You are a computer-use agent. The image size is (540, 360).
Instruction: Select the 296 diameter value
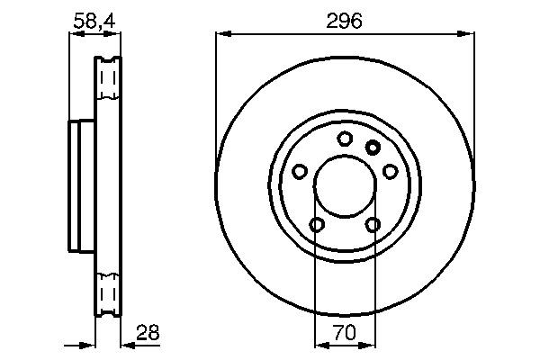click(x=345, y=20)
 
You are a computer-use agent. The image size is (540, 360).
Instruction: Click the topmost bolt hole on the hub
click(x=345, y=139)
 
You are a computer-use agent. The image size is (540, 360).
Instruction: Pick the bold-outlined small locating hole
click(x=373, y=147)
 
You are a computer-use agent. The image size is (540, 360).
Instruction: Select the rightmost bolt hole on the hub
click(x=391, y=170)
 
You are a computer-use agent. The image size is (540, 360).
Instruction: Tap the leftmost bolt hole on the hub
click(x=299, y=170)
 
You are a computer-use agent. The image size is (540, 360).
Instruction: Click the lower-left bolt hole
click(x=317, y=224)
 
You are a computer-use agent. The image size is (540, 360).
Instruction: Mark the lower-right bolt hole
click(x=373, y=224)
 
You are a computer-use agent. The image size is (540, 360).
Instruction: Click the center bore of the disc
click(x=345, y=186)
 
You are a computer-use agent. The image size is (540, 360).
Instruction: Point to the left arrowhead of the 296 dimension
click(x=221, y=34)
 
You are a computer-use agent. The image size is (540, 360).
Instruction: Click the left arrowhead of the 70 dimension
click(x=319, y=344)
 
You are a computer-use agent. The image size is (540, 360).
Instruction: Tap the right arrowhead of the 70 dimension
click(x=371, y=344)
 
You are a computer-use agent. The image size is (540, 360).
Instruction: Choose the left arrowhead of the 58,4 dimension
click(x=75, y=34)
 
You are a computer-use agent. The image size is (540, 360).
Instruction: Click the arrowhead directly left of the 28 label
click(x=127, y=344)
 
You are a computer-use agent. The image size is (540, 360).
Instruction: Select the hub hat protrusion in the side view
click(x=82, y=185)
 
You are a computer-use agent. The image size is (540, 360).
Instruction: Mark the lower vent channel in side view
click(x=108, y=293)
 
